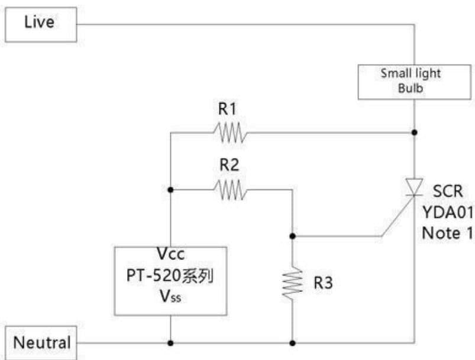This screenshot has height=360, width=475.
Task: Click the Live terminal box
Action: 41,24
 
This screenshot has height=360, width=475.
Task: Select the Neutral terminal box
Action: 41,343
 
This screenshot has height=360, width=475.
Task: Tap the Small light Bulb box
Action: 415,82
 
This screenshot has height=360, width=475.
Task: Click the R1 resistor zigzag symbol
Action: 230,133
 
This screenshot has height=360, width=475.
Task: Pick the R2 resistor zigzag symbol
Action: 230,190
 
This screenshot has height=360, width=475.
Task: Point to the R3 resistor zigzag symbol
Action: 292,283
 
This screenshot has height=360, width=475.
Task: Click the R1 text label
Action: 227,109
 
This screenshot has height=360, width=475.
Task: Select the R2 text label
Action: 229,165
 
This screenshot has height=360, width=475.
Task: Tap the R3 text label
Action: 323,282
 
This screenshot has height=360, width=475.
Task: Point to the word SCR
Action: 448,191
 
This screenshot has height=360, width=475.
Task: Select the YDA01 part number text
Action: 448,212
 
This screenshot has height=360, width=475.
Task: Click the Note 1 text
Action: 447,233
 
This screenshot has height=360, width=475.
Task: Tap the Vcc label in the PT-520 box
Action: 170,253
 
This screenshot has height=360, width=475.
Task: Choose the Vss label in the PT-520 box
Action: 170,296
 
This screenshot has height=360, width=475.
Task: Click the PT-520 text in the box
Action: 153,275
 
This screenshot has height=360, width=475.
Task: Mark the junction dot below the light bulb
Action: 415,133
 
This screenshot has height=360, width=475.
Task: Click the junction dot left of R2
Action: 170,190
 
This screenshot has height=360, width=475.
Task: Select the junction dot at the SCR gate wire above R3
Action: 292,236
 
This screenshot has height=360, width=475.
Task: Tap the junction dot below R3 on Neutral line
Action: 292,343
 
